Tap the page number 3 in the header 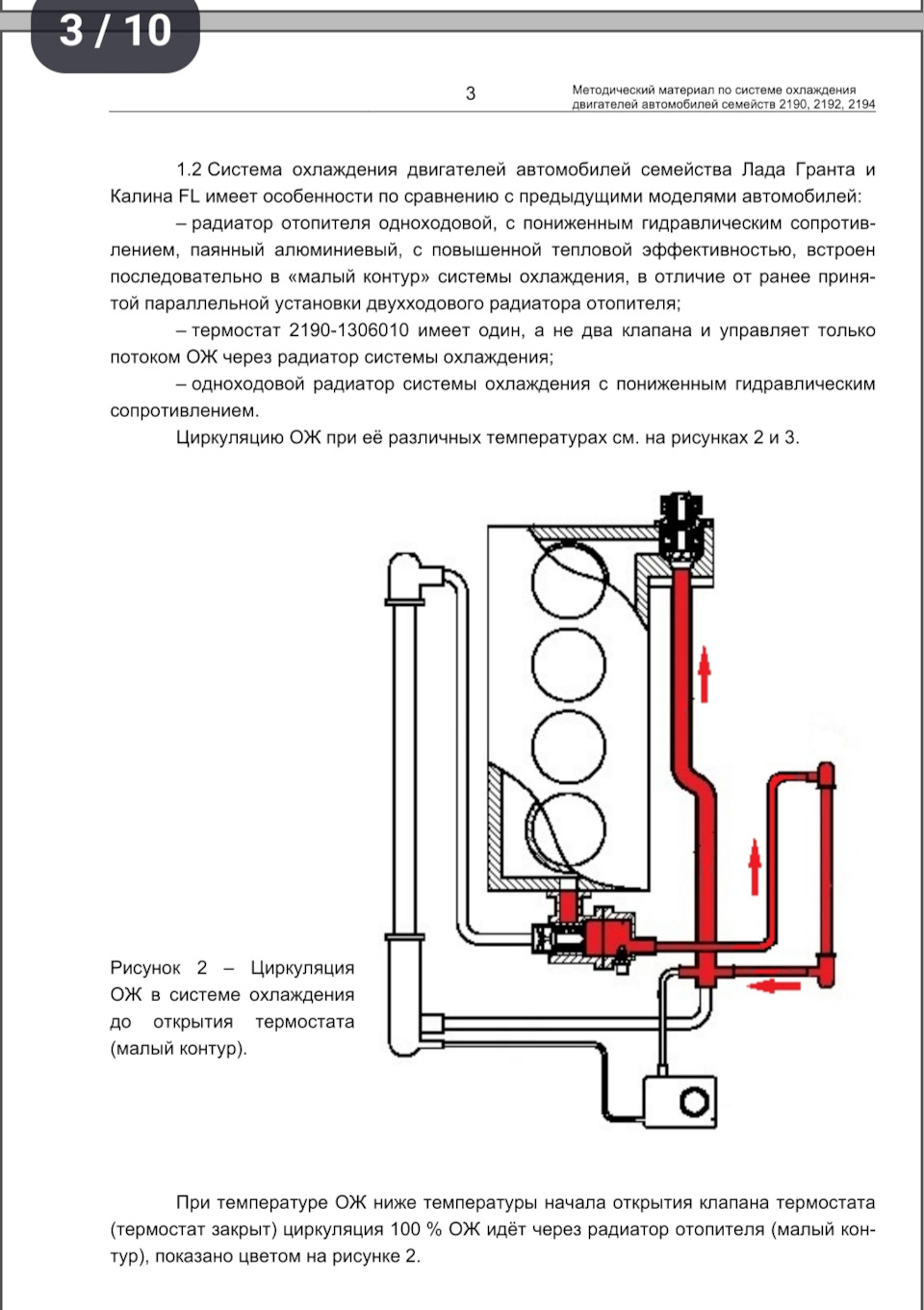click(471, 93)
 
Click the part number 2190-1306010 click(349, 330)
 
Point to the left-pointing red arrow click(773, 986)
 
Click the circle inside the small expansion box click(697, 1101)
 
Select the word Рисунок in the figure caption click(145, 968)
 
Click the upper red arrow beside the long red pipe click(705, 673)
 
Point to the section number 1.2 click(189, 170)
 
